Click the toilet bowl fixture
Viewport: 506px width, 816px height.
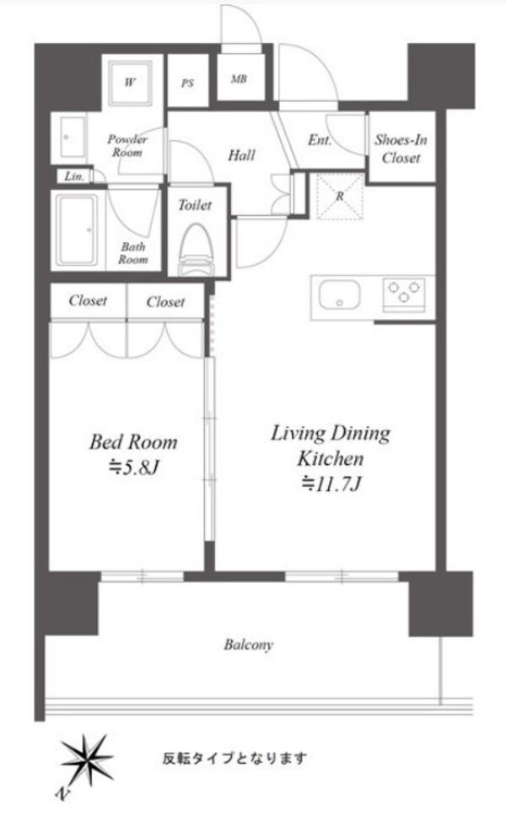pyautogui.click(x=195, y=250)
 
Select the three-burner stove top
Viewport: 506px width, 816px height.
pyautogui.click(x=404, y=292)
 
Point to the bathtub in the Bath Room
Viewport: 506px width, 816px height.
pyautogui.click(x=77, y=230)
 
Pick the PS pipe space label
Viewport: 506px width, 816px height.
pyautogui.click(x=187, y=84)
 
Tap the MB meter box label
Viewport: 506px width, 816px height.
pyautogui.click(x=239, y=79)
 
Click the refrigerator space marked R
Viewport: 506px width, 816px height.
pyautogui.click(x=340, y=197)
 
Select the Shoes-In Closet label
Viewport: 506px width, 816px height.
pyautogui.click(x=401, y=149)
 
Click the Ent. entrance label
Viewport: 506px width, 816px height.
pyautogui.click(x=320, y=140)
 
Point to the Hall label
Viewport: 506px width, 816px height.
pyautogui.click(x=241, y=155)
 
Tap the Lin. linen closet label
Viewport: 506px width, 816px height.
pyautogui.click(x=74, y=176)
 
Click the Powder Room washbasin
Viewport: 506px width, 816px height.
pyautogui.click(x=72, y=137)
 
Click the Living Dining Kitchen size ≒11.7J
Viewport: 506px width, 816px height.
pyautogui.click(x=331, y=484)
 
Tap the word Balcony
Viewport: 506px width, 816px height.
pyautogui.click(x=248, y=645)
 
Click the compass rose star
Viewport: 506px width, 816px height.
pyautogui.click(x=87, y=761)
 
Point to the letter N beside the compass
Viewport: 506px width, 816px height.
pyautogui.click(x=62, y=793)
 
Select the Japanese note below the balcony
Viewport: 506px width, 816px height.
pyautogui.click(x=234, y=759)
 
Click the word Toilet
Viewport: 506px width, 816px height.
pyautogui.click(x=195, y=205)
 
